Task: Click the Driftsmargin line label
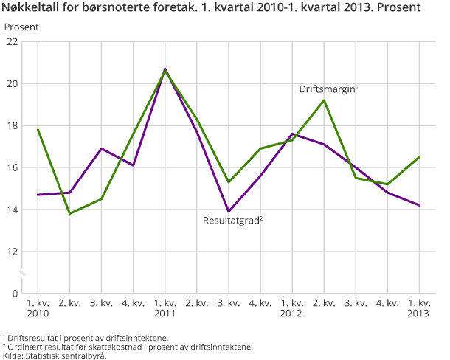coord(328,89)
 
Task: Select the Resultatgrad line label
coord(232,219)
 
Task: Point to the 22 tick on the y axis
coord(12,42)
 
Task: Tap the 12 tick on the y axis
coord(12,252)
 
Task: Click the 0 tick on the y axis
coord(15,294)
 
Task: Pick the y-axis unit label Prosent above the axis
coord(21,27)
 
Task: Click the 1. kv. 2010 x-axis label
coord(38,308)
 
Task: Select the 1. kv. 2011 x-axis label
coord(165,308)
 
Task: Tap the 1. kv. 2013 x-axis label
coord(419,308)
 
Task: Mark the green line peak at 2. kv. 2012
coord(324,100)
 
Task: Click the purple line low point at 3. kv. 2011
coord(229,212)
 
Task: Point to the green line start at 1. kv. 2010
coord(38,130)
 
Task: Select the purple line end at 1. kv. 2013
coord(419,205)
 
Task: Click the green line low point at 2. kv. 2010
coord(69,213)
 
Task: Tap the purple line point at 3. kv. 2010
coord(101,148)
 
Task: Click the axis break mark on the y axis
coord(22,273)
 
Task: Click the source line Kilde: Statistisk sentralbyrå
coord(55,355)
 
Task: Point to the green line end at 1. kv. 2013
coord(419,157)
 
